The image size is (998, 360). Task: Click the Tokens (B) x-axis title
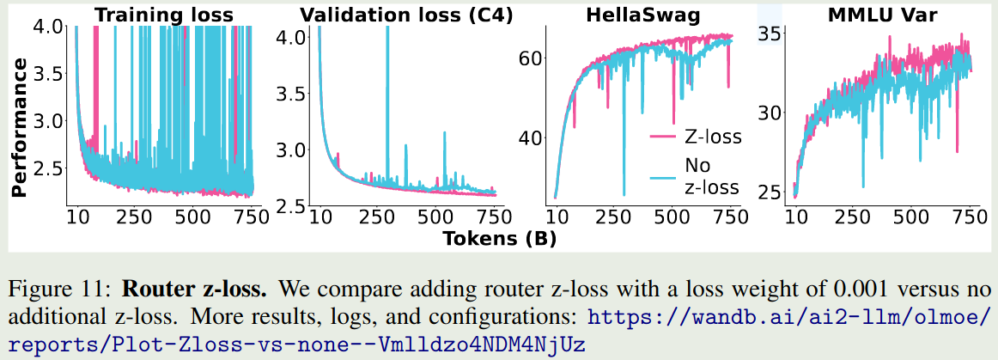[499, 238]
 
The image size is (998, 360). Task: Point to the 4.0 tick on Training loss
[49, 27]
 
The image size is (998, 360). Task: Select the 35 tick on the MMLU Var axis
[769, 35]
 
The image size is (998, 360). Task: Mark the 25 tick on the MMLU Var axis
[769, 189]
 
